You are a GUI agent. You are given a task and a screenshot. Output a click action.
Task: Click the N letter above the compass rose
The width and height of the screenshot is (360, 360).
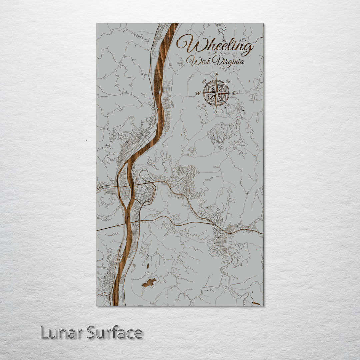pos(216,74)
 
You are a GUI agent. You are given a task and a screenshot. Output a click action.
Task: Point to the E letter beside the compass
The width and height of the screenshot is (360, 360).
pos(234,93)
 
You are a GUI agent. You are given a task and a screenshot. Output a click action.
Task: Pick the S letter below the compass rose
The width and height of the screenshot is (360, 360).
pos(216,111)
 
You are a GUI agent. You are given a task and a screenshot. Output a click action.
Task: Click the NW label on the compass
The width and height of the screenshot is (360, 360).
pos(204,80)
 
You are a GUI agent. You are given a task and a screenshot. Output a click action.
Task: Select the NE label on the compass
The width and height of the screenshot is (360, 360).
pos(228,81)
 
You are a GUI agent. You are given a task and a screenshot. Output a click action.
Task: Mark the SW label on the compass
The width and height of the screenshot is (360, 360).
pos(204,105)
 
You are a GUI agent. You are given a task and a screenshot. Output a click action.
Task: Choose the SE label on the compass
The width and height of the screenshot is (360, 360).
pos(228,106)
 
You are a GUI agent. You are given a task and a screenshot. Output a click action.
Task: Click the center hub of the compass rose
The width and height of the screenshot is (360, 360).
pos(216,93)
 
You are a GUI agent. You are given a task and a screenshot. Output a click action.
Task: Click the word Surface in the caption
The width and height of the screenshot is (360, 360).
pos(115,333)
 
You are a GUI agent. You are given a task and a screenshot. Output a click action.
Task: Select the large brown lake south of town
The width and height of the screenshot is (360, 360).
pos(149,282)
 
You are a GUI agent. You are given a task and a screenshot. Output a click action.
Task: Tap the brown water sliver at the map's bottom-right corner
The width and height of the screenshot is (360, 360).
pos(256,303)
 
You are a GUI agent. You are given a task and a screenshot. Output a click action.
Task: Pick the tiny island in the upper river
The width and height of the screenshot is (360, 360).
pos(157,108)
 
